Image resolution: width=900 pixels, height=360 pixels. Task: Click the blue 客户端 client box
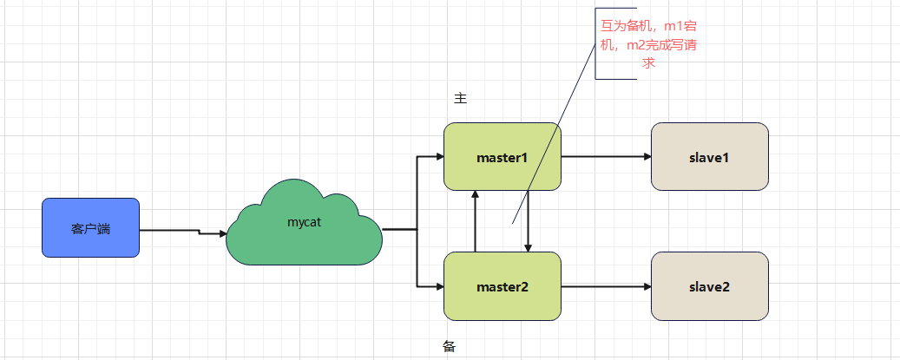[x=90, y=228]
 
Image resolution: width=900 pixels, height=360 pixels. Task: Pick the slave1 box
[x=709, y=157]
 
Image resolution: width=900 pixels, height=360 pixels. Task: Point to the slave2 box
[x=709, y=286]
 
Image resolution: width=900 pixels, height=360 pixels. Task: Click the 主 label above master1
[x=461, y=98]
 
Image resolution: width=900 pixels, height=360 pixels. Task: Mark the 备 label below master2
[x=449, y=346]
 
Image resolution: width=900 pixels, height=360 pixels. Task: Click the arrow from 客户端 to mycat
[x=182, y=232]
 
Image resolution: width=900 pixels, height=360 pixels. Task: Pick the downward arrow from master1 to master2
[x=528, y=221]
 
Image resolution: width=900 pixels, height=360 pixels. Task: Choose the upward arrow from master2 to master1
[x=476, y=221]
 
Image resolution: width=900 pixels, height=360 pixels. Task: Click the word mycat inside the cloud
[x=304, y=222]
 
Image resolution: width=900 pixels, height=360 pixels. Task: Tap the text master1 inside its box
[x=502, y=158]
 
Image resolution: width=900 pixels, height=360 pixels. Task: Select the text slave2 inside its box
[x=709, y=287]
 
